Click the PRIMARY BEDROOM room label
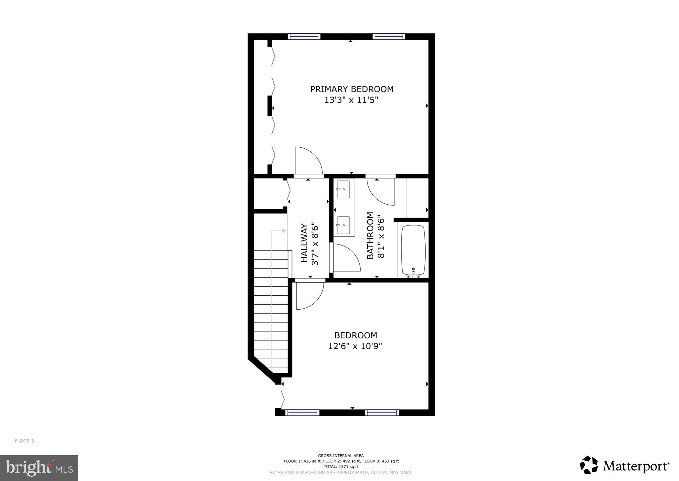click(352, 89)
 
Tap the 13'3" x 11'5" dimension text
click(352, 100)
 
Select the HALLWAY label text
click(304, 243)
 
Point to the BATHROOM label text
click(370, 235)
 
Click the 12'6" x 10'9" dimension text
click(355, 346)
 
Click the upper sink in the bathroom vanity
click(343, 189)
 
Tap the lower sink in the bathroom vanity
click(343, 225)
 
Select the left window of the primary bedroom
click(304, 37)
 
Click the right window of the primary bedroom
click(389, 37)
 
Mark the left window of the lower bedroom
click(302, 413)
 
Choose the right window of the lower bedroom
click(382, 413)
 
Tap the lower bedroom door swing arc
click(310, 296)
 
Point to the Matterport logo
click(624, 466)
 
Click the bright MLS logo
click(39, 468)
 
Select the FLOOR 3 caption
click(24, 441)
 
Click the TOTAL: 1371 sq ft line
click(341, 467)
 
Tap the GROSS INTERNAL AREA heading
click(341, 456)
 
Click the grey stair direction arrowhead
click(284, 230)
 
